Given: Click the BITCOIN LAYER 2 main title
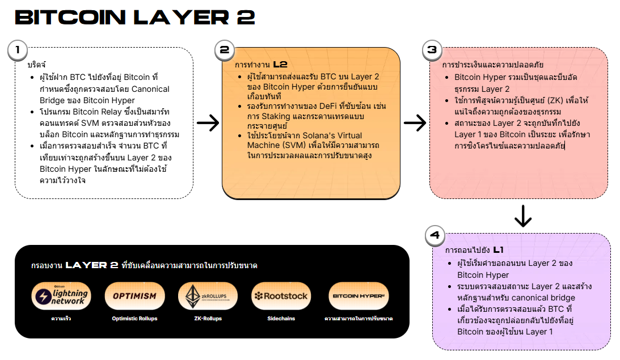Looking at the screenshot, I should pyautogui.click(x=134, y=17).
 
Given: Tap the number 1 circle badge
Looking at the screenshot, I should pyautogui.click(x=18, y=50).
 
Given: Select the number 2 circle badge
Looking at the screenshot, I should pyautogui.click(x=225, y=50).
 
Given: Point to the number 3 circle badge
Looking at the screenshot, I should pyautogui.click(x=432, y=50).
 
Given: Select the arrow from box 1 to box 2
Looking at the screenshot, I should pyautogui.click(x=208, y=122).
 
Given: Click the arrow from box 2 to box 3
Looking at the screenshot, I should pyautogui.click(x=415, y=122).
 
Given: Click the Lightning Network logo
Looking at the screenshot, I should pyautogui.click(x=61, y=296).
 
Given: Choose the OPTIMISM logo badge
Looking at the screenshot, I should pyautogui.click(x=134, y=296).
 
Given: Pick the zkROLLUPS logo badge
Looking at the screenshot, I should pyautogui.click(x=208, y=296).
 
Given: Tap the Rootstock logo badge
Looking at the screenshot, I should pyautogui.click(x=281, y=296).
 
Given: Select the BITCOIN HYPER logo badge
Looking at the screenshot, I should pyautogui.click(x=358, y=296).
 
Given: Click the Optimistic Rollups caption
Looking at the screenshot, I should pyautogui.click(x=134, y=319).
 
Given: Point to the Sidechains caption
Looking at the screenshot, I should pyautogui.click(x=281, y=319).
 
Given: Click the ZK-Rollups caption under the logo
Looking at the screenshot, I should pyautogui.click(x=208, y=319).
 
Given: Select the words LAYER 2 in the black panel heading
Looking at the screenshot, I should pyautogui.click(x=91, y=265).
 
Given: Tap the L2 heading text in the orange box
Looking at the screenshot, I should pyautogui.click(x=280, y=64).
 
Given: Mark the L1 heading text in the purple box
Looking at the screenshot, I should pyautogui.click(x=498, y=249).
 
